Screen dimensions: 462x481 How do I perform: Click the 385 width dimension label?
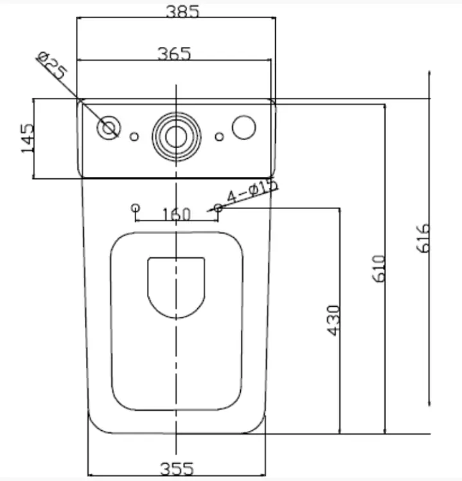(182, 12)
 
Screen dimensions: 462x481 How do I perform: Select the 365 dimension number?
(174, 53)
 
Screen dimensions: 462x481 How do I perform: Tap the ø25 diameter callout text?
(51, 66)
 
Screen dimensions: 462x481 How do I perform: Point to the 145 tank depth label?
(27, 138)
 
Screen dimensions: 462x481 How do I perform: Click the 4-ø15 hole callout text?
(252, 192)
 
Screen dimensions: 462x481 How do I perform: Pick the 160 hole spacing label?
(176, 214)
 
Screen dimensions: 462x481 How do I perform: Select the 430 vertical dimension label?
(333, 320)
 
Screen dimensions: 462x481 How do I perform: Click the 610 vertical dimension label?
(378, 268)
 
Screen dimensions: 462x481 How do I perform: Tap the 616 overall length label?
(423, 238)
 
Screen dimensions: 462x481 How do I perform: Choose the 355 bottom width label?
(177, 469)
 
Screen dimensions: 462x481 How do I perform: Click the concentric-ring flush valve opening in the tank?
(176, 137)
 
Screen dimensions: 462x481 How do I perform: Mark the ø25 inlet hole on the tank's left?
(109, 127)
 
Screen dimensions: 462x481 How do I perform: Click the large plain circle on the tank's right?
(244, 127)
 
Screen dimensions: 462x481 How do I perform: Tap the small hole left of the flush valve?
(134, 136)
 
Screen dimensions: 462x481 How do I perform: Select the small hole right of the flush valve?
(219, 136)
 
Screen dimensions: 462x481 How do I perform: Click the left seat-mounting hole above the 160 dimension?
(135, 208)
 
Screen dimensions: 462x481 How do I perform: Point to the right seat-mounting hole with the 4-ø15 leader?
(218, 208)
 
